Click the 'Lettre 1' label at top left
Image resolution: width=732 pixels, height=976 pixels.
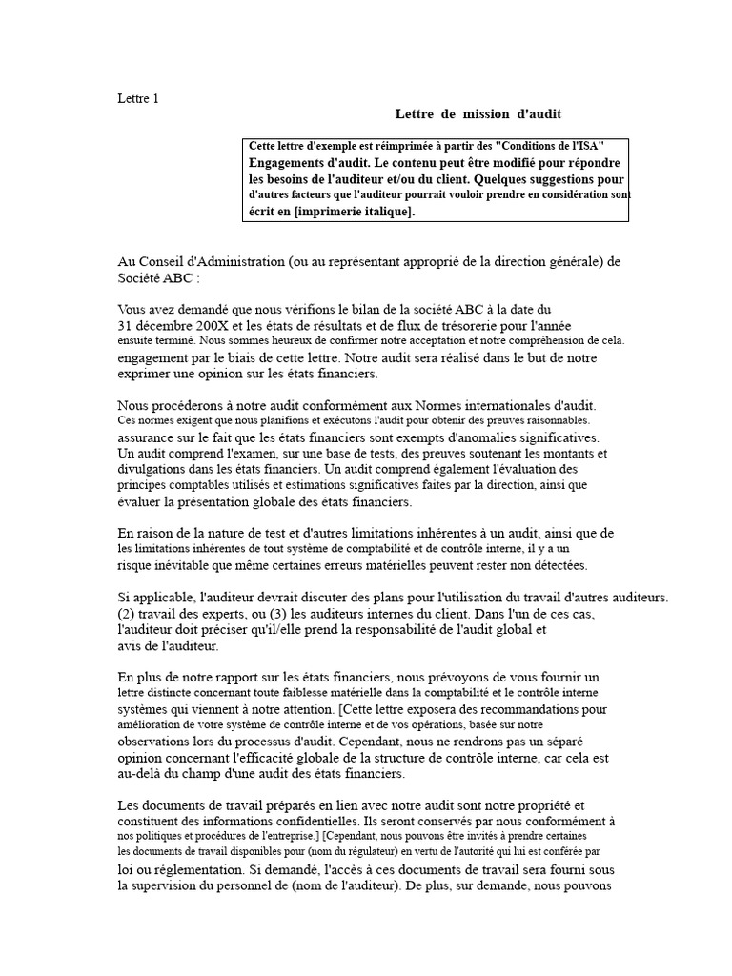point(138,98)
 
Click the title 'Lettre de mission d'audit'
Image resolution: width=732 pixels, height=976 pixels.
point(478,113)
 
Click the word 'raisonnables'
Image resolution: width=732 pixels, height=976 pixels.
point(555,419)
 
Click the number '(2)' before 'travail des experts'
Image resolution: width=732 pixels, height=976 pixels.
point(129,614)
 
